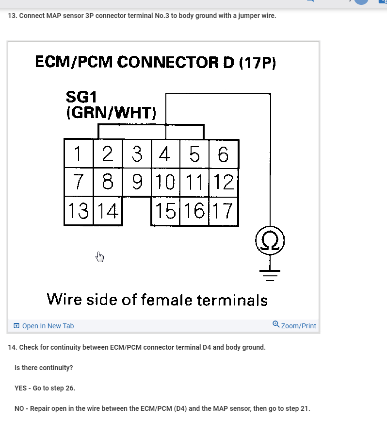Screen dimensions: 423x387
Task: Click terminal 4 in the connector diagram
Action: [x=165, y=154]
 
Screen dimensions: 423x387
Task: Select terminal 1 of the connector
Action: [x=78, y=154]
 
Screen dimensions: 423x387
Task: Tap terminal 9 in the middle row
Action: [x=137, y=182]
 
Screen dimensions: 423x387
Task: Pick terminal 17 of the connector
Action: [x=224, y=211]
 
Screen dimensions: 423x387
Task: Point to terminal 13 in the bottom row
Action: [x=78, y=211]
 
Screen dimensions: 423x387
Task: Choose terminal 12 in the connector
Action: [x=224, y=182]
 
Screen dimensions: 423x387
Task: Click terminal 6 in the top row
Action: [x=224, y=154]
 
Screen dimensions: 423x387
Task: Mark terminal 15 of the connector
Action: [x=165, y=211]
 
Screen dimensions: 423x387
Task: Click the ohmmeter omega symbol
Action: [x=270, y=240]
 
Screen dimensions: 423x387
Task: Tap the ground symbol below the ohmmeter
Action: [x=270, y=275]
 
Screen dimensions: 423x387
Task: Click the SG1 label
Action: [x=81, y=97]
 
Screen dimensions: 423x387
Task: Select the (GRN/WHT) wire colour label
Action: [x=111, y=113]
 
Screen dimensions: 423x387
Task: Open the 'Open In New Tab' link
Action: [x=48, y=326]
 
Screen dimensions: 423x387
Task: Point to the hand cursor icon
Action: [x=99, y=256]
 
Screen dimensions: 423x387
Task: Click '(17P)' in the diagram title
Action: [x=258, y=63]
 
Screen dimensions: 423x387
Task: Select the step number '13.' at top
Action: [x=12, y=16]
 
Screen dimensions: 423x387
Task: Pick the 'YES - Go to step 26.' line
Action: [x=45, y=388]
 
